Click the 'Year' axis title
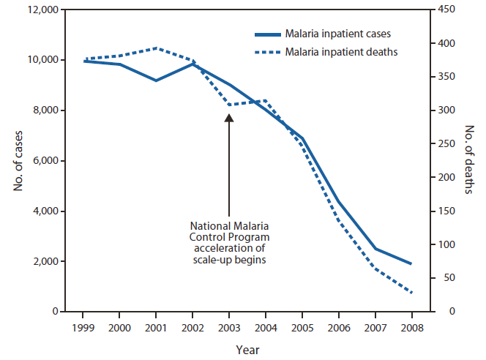pyautogui.click(x=247, y=350)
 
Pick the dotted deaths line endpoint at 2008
pyautogui.click(x=411, y=293)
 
